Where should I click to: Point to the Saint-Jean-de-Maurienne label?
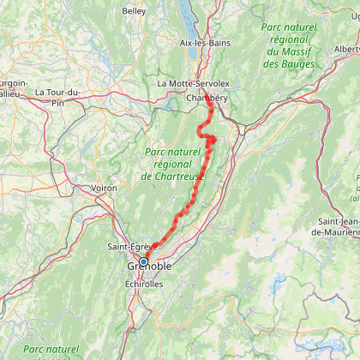pos(335,226)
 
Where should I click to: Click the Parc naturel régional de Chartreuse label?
pos(172,164)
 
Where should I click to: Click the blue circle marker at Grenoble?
pos(144,261)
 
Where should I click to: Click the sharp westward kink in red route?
pos(199,132)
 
